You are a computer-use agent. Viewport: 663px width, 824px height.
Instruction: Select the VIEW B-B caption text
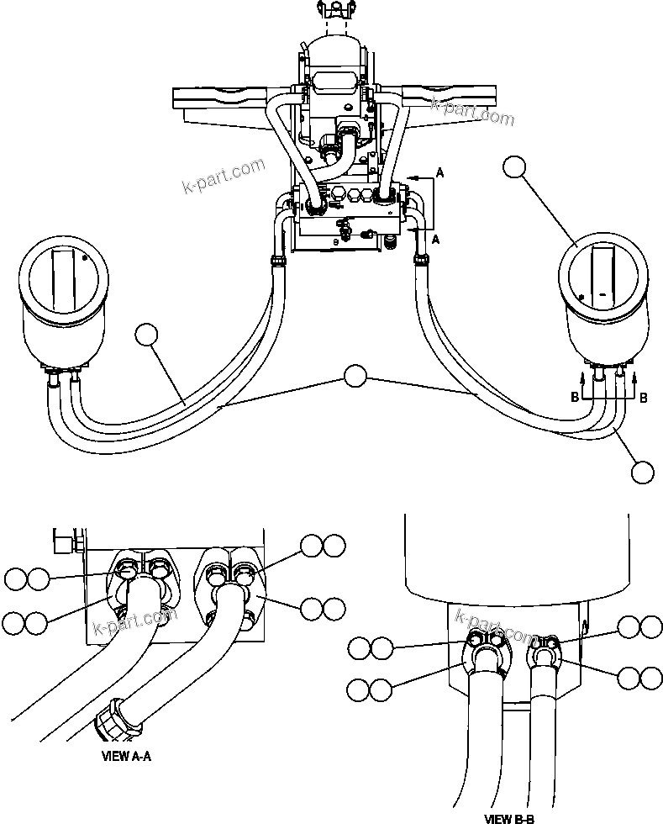[x=510, y=816]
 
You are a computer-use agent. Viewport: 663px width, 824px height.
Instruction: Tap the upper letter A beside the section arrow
[x=438, y=172]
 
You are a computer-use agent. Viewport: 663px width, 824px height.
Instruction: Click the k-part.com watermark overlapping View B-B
[x=496, y=626]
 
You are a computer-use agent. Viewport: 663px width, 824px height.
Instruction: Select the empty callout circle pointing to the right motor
[x=517, y=169]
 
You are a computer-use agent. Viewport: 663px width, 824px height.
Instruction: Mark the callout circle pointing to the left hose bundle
[x=147, y=335]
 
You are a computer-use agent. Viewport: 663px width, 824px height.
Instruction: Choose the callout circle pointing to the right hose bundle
[x=642, y=472]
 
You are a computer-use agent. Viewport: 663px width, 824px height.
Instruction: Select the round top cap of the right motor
[x=602, y=270]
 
